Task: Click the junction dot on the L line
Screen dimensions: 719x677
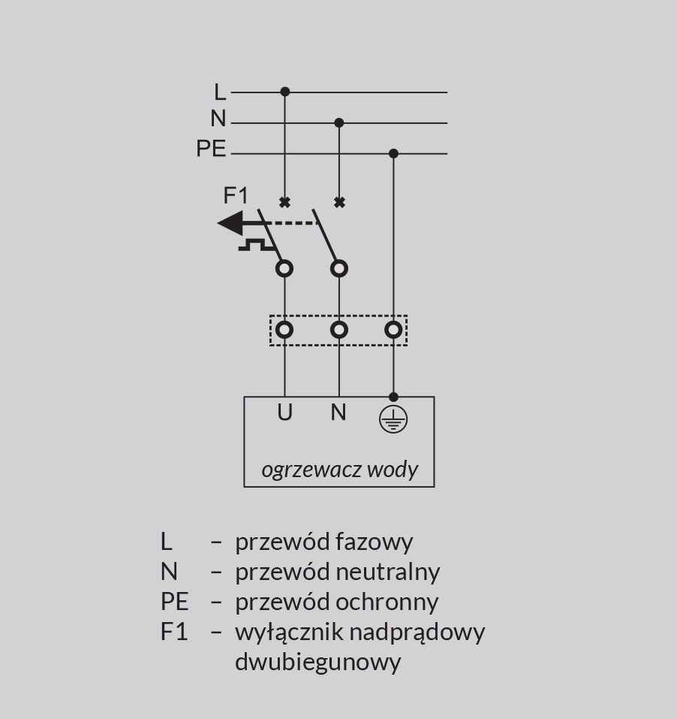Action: pos(284,92)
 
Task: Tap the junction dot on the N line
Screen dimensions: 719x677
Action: pos(339,122)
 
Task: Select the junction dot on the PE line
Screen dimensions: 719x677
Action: pos(393,153)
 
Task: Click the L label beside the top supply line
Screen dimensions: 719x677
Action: pos(219,92)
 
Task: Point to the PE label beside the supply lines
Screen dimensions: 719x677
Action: pos(211,149)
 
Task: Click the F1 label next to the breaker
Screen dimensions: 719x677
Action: pos(236,196)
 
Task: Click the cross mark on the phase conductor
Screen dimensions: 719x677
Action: pos(284,202)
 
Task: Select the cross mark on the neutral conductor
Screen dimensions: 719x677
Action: pos(339,202)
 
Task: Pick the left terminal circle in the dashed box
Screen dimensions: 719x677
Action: pos(284,329)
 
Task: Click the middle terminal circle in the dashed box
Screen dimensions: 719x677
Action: pos(339,329)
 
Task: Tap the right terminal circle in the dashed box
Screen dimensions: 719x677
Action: pos(393,329)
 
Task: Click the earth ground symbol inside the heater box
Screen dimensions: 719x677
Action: pos(393,420)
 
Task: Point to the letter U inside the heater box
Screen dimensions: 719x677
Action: pos(284,412)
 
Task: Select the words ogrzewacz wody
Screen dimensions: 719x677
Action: pos(339,470)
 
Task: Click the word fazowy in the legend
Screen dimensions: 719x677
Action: pos(375,542)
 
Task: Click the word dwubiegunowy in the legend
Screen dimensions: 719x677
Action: pos(317,662)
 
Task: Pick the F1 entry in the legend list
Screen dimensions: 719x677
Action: pos(173,632)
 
